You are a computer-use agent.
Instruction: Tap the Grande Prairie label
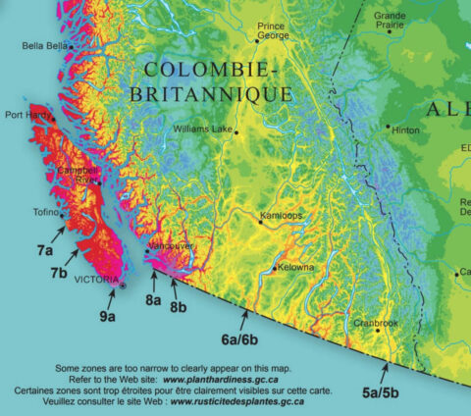pos(390,21)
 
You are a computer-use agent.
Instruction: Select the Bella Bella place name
pos(46,45)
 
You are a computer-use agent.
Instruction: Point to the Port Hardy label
pos(26,115)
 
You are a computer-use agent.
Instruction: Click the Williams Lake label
pos(202,129)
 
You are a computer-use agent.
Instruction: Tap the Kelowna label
pos(295,267)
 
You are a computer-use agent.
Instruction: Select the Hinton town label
pos(406,129)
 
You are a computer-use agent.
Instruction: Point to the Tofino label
pos(46,212)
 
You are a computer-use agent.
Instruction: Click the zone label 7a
pos(45,251)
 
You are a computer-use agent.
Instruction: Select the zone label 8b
pos(179,306)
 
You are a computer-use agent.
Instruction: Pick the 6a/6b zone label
pos(240,339)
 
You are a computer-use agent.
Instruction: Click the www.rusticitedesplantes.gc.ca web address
pos(231,401)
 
